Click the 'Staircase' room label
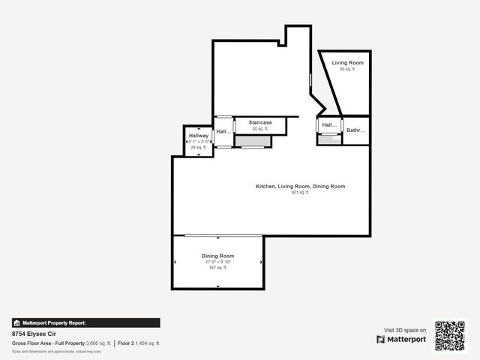250,122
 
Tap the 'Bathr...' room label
355,130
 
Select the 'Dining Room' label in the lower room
217,256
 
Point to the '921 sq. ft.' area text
300,192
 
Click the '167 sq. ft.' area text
217,268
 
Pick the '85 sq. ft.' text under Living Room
347,69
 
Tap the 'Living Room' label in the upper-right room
348,63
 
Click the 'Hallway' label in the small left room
199,136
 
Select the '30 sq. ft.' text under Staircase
250,129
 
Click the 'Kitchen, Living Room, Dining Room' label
300,186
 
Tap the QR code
450,335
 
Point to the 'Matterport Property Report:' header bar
85,322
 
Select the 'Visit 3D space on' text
405,330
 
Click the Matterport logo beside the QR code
401,340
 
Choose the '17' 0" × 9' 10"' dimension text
217,262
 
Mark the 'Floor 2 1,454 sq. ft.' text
139,343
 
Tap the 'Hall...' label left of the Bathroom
328,125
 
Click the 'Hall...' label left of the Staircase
223,132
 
